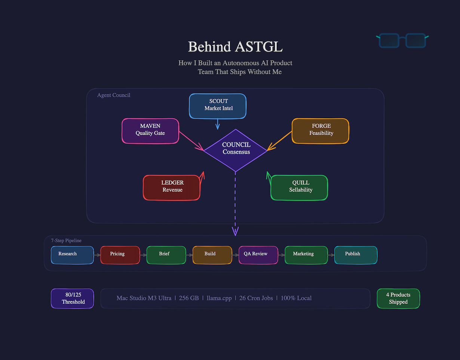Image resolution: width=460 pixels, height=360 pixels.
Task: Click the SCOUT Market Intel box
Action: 218,106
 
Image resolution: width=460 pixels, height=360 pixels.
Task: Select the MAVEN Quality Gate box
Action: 150,131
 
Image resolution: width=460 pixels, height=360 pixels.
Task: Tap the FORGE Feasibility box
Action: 321,131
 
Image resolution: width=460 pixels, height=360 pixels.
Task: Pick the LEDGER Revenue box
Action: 172,187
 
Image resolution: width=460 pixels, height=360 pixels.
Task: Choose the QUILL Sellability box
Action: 299,187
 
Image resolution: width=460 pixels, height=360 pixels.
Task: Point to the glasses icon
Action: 402,40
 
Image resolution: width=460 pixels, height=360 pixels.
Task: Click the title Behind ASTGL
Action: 235,47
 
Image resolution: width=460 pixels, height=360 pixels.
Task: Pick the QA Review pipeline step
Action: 258,255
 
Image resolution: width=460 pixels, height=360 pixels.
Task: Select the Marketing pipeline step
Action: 306,255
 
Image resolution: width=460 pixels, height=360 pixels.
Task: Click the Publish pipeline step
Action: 355,255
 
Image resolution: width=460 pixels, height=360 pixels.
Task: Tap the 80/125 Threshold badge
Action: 73,298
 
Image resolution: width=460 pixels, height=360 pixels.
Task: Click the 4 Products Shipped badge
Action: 398,298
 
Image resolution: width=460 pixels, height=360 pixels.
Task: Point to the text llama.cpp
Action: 219,298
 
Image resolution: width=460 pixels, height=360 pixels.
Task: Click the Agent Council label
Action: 114,95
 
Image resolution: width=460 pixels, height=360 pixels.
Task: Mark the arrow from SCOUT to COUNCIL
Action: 218,124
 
